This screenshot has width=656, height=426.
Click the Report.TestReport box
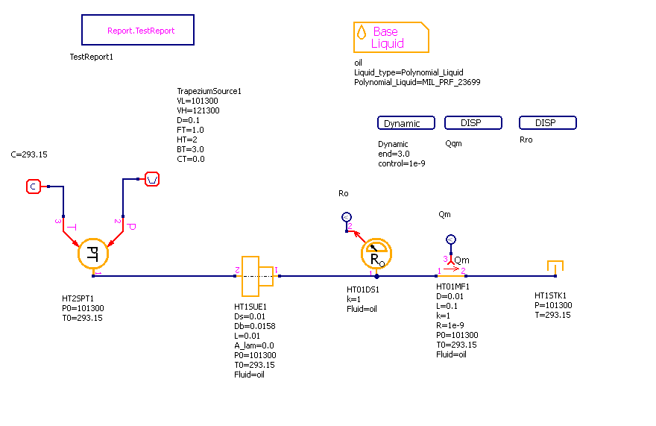point(138,31)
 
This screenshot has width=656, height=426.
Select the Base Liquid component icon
point(391,37)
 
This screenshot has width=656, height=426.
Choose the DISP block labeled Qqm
point(473,123)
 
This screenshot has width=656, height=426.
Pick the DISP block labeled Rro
point(548,123)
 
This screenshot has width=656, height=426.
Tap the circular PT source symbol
point(93,253)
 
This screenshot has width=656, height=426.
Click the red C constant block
point(33,187)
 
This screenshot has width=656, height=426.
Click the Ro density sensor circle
point(376,255)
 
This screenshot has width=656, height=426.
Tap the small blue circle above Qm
point(450,239)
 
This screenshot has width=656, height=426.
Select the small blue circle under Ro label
point(346,216)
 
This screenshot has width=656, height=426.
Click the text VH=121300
point(198,110)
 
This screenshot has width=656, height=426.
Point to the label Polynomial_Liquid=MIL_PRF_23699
point(417,83)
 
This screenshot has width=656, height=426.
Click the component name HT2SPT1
point(78,298)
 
